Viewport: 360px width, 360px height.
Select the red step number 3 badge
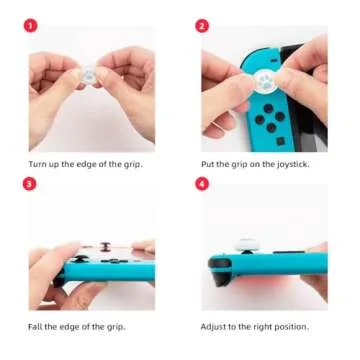[x=30, y=185]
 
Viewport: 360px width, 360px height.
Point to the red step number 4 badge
[x=202, y=185]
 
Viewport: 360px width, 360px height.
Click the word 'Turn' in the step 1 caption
[x=37, y=162]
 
